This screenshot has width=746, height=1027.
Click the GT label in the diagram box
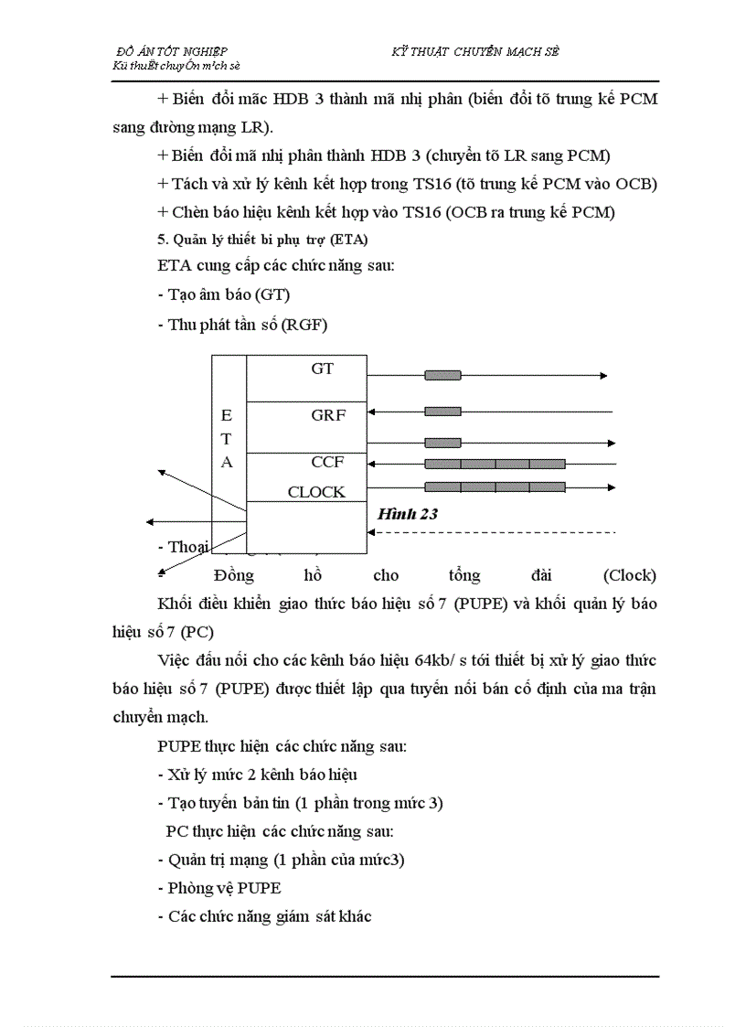point(323,369)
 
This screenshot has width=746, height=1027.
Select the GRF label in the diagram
point(328,414)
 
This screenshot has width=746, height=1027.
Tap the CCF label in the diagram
point(327,462)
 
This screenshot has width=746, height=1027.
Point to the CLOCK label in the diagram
point(316,491)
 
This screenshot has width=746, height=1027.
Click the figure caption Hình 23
point(408,514)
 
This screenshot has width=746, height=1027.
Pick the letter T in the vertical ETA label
point(227,439)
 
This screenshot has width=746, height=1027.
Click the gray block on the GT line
point(442,375)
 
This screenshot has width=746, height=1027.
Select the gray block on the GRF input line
point(442,412)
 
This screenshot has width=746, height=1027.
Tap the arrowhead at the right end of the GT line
point(603,375)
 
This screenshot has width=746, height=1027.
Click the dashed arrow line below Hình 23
point(494,531)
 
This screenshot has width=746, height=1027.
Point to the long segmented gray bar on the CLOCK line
point(495,487)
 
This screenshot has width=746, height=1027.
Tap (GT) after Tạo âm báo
point(272,294)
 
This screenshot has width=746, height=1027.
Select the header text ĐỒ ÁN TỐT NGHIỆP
point(173,52)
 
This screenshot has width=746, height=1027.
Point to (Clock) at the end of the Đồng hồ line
point(629,575)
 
